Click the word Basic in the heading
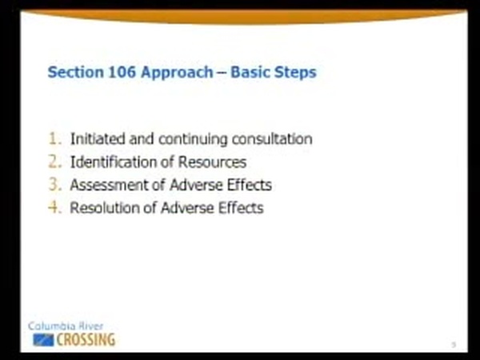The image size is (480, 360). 250,72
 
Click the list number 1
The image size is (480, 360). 54,138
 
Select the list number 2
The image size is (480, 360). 55,162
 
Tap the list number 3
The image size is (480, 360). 55,185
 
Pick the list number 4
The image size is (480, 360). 55,207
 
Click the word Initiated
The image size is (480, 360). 98,138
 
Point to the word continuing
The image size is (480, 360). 193,139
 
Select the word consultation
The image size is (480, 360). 272,138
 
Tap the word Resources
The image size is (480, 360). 212,162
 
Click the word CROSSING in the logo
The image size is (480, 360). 86,340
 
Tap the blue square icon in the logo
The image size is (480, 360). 43,340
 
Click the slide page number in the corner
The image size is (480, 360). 454,345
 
